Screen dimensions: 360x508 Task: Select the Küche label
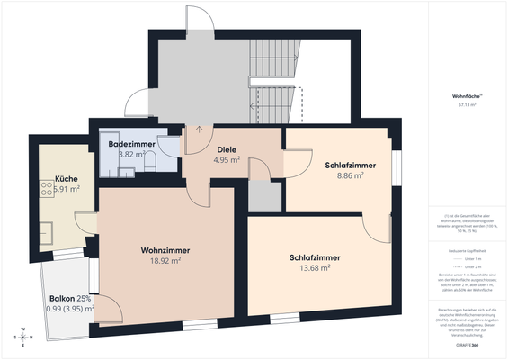tap(67, 178)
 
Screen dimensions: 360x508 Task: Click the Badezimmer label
tap(132, 144)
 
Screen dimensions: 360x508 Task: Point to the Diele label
tap(227, 148)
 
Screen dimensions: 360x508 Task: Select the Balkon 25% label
tap(70, 298)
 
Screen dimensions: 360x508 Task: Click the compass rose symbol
tap(22, 337)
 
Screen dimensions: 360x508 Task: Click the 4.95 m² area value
tap(227, 160)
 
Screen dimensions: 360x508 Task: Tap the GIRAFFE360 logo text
tap(466, 345)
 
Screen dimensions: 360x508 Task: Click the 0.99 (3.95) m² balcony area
tap(70, 309)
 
